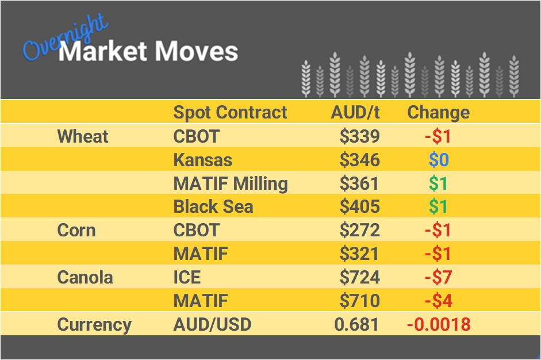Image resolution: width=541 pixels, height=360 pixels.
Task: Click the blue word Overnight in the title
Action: coord(64,38)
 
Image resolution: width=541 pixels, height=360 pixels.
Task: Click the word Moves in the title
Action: coord(196,52)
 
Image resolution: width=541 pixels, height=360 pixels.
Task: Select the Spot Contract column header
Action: coord(230,112)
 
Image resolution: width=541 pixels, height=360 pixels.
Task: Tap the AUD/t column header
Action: coord(355,112)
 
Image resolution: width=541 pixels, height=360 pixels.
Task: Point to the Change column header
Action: coord(438,112)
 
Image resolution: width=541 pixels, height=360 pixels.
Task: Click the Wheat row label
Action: coord(83,137)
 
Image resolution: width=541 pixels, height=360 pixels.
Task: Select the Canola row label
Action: coord(85,278)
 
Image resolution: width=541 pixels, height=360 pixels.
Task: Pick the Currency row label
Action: coord(94,324)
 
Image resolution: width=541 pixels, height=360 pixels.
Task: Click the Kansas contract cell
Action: coord(203,160)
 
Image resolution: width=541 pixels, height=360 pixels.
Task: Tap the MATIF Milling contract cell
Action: coord(231,183)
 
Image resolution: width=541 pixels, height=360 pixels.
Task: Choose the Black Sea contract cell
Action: coord(213,207)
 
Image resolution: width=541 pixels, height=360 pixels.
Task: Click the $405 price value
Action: coord(359,207)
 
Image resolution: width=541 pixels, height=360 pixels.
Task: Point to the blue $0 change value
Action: coord(438,160)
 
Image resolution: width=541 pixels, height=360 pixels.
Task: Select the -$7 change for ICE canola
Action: coord(438,278)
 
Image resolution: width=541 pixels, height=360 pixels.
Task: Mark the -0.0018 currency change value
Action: coord(438,324)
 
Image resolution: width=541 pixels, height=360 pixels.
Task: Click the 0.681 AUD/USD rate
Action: coord(356,324)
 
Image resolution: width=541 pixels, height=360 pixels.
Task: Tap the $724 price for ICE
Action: coord(359,278)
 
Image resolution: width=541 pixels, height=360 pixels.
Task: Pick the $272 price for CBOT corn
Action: coord(359,231)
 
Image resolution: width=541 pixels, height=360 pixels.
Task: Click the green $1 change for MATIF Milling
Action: coord(438,183)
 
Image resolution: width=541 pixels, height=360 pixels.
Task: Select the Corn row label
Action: coord(76,231)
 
